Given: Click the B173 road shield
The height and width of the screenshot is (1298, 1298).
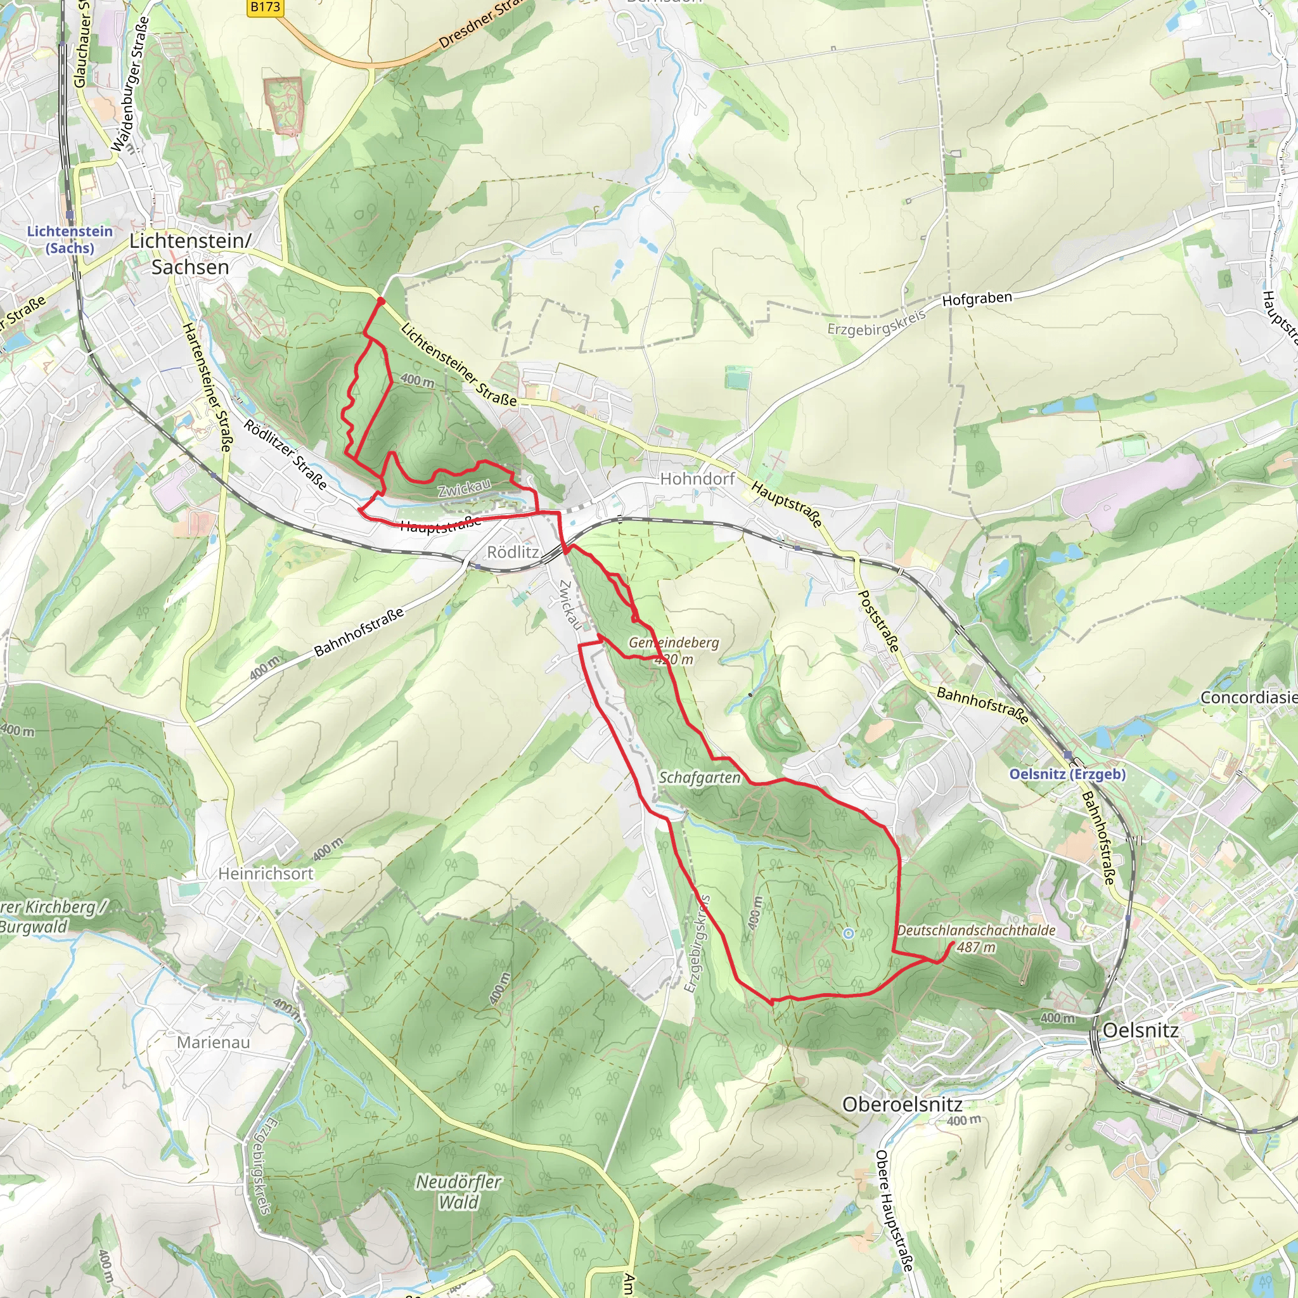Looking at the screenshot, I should [x=265, y=8].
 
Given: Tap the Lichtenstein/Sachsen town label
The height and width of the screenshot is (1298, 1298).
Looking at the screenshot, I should [x=190, y=254].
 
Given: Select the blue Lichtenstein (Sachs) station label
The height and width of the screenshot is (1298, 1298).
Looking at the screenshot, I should [x=70, y=239].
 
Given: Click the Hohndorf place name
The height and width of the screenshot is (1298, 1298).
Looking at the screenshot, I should [x=697, y=479].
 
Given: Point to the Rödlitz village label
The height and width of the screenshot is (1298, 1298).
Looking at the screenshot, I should [x=513, y=552].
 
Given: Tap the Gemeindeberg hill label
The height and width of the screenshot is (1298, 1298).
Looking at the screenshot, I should [x=673, y=642].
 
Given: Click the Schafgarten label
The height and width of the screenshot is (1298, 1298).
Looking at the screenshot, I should [x=700, y=777].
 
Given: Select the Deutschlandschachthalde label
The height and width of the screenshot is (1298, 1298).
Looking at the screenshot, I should [x=976, y=930].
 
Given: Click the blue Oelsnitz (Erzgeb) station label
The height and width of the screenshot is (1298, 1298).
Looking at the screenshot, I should [x=1067, y=774].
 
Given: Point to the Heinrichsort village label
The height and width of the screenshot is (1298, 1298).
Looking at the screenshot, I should [x=266, y=873].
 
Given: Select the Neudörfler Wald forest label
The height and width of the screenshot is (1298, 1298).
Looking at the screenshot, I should [x=459, y=1192].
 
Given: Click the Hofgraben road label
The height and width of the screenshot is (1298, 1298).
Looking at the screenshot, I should [x=977, y=299].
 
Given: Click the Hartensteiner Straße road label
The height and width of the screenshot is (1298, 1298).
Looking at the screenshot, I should [x=209, y=387].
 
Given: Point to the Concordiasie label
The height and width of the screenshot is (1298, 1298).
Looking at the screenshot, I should [x=1249, y=697].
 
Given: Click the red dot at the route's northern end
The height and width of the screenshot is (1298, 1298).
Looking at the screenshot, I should [x=381, y=301].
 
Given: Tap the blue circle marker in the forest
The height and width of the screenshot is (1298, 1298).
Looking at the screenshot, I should [x=849, y=933].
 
